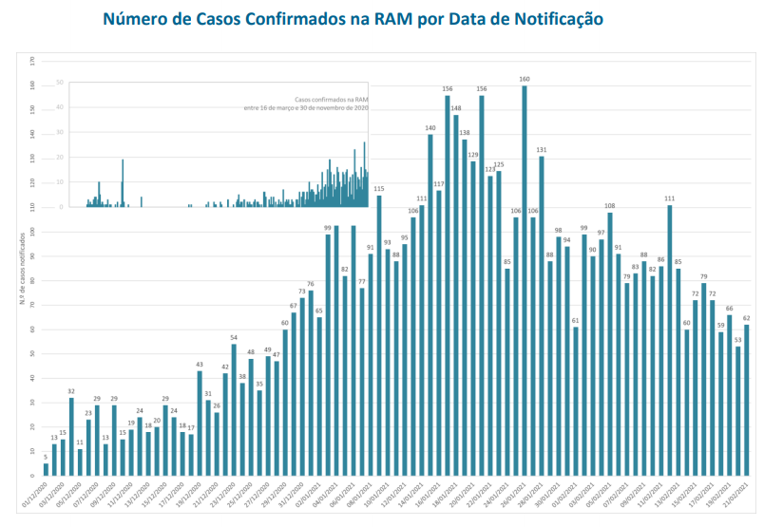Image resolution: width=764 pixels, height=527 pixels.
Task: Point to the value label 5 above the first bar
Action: [x=46, y=456]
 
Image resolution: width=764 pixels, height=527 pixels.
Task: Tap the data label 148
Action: [x=456, y=108]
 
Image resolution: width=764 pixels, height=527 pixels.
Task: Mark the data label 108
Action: [x=610, y=206]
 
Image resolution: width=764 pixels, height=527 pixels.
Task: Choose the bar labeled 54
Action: [x=234, y=409]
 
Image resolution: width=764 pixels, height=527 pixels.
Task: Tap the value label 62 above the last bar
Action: [x=747, y=318]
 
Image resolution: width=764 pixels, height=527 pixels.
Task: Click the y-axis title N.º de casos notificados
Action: [x=21, y=267]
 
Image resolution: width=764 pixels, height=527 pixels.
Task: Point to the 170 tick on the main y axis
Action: [x=32, y=61]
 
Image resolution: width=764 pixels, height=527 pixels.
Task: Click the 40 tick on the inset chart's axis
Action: [x=60, y=107]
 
